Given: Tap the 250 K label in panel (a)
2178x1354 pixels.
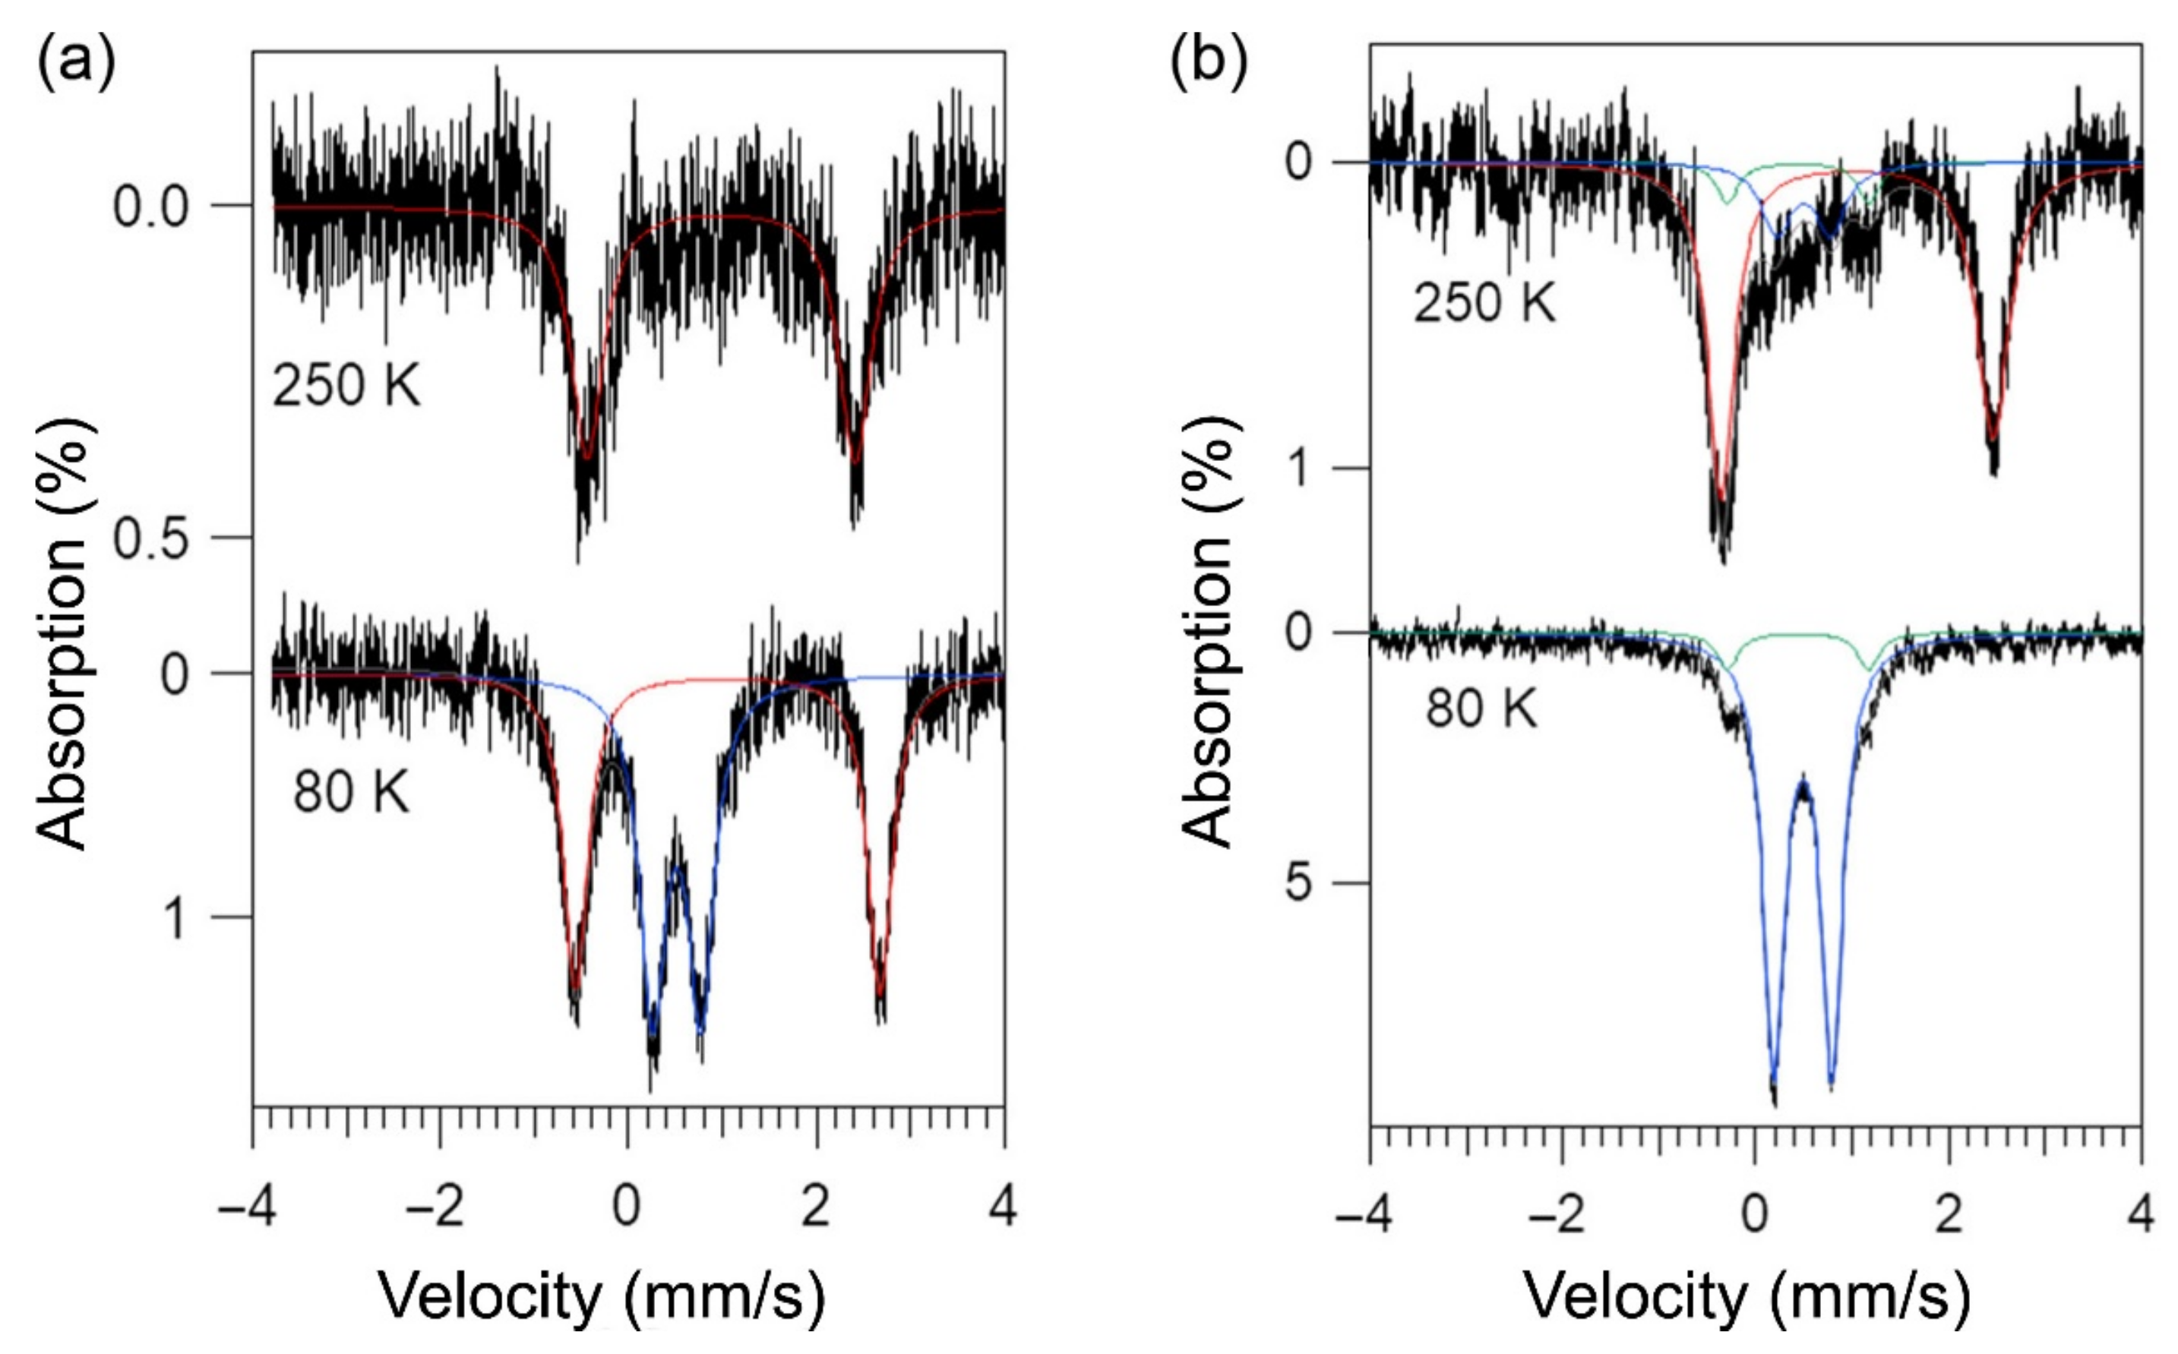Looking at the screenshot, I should [346, 387].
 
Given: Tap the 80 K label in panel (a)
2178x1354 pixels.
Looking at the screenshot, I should [351, 793].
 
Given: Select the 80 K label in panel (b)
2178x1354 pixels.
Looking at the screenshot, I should [1481, 709].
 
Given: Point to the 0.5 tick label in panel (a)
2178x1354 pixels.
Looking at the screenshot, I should [151, 539].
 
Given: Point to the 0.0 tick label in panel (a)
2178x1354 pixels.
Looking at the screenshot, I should [151, 208].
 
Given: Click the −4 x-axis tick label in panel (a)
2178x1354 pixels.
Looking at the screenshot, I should [247, 1207].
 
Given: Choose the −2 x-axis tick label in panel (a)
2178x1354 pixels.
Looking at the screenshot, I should [435, 1207].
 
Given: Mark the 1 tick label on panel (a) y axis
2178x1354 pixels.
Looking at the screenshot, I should [175, 919].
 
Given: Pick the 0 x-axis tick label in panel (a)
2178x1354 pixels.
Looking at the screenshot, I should [626, 1207].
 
